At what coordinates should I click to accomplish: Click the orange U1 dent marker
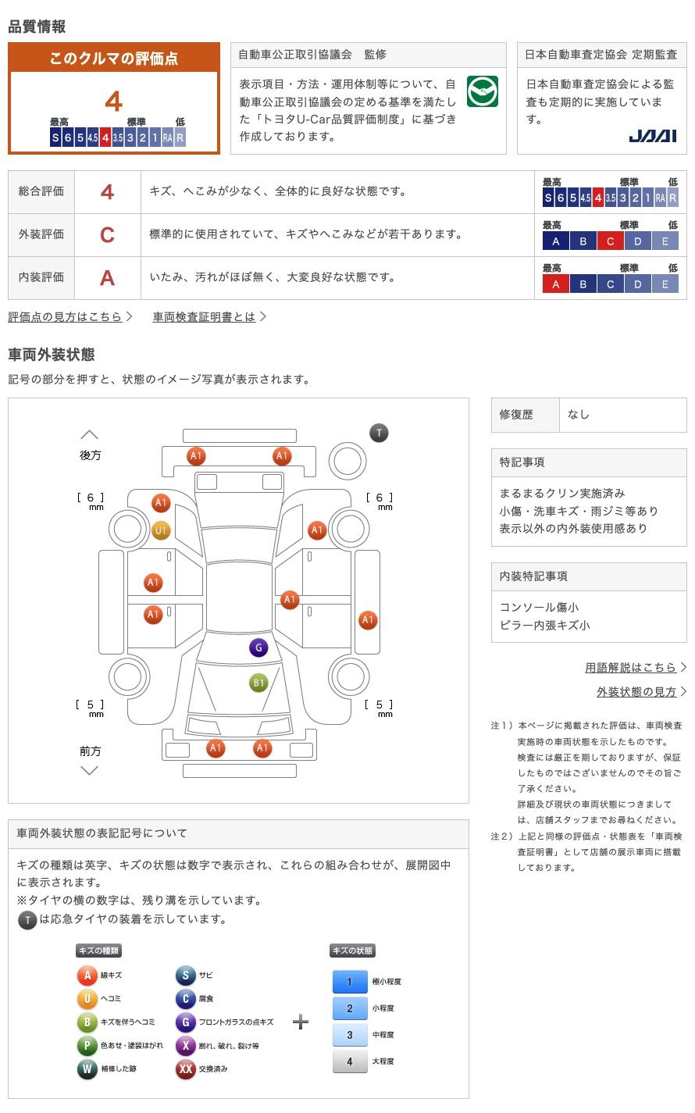click(161, 530)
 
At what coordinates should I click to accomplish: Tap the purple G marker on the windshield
click(258, 647)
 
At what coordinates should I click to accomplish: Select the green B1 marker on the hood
click(258, 683)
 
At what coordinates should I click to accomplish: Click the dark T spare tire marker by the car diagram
click(379, 433)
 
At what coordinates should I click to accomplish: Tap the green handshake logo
click(483, 91)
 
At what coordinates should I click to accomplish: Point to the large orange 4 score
click(113, 102)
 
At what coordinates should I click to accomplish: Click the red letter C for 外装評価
click(107, 234)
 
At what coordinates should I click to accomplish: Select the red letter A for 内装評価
click(107, 277)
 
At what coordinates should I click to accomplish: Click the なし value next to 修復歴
click(579, 415)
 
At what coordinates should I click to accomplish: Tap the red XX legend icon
click(186, 1068)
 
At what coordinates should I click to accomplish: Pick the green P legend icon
click(87, 1045)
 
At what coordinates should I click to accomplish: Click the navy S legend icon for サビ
click(186, 975)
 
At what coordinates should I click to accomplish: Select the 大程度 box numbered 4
click(349, 1061)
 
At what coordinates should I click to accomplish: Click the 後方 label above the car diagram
click(90, 455)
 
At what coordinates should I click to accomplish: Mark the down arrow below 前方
click(90, 770)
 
